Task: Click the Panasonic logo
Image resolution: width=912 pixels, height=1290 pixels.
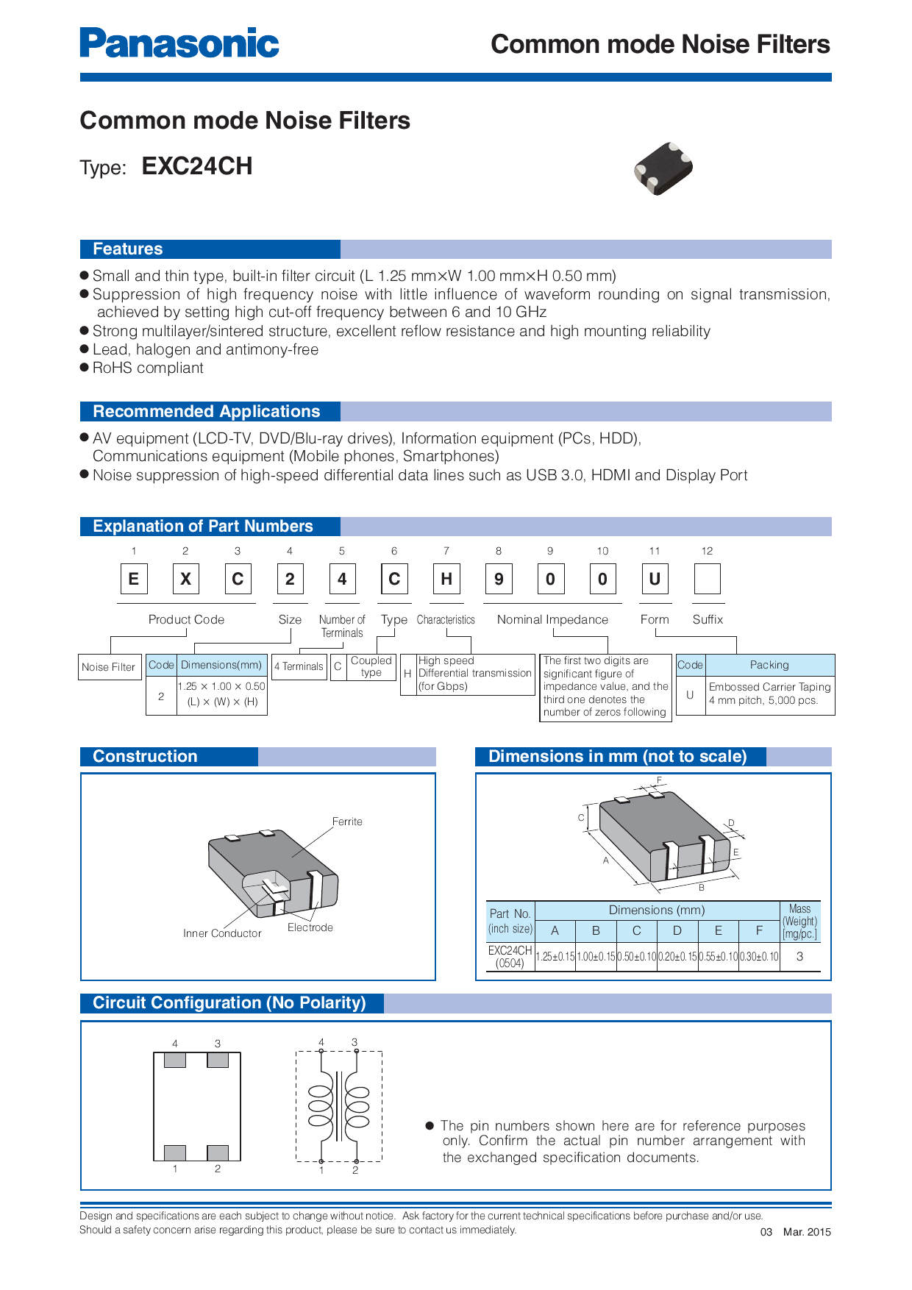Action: [179, 43]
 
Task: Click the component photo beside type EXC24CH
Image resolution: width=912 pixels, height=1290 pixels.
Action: [663, 168]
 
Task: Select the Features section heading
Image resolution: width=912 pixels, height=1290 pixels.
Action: [128, 249]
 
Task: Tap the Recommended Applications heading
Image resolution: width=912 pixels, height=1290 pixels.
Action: [207, 412]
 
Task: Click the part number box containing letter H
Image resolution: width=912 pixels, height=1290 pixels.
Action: [446, 579]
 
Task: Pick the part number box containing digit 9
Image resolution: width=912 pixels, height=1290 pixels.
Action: [498, 579]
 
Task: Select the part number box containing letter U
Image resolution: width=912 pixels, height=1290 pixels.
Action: [655, 579]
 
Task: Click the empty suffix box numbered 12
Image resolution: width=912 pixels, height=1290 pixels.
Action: [707, 579]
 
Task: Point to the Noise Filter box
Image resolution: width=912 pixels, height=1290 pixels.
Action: [109, 667]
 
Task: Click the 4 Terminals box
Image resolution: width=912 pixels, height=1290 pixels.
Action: [299, 667]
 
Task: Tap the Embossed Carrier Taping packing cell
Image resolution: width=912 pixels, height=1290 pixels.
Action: [769, 694]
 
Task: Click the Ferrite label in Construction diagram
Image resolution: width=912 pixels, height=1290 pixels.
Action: [347, 822]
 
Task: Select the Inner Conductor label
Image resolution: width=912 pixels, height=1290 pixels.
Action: [222, 933]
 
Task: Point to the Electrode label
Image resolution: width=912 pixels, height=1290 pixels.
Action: [310, 927]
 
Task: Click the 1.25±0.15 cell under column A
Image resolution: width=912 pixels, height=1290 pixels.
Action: [555, 957]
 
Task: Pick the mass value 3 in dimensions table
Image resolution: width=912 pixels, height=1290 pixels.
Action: [799, 957]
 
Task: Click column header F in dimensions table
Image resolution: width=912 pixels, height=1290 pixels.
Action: [759, 931]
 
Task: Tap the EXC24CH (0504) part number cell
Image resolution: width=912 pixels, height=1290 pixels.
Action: [510, 957]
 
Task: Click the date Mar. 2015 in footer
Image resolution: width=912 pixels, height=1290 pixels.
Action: [807, 1232]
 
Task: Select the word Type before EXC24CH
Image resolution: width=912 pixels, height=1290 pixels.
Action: [103, 168]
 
